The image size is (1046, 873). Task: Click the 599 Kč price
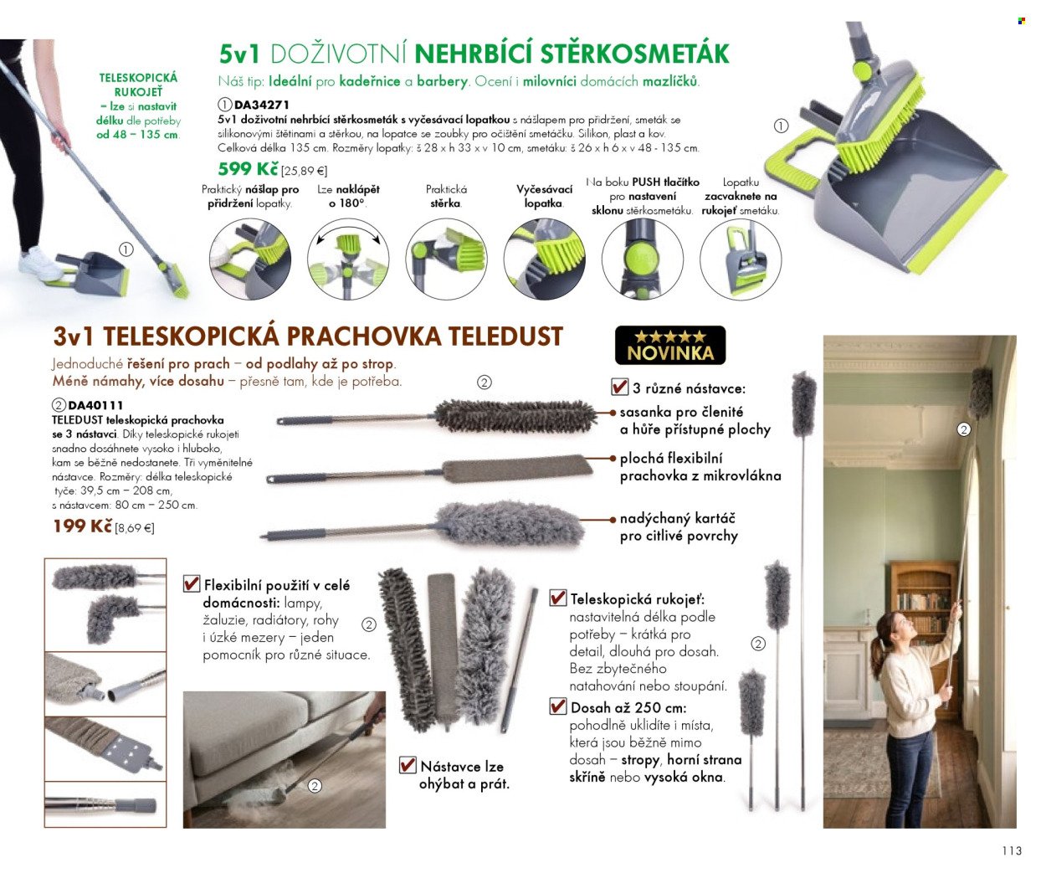pos(248,169)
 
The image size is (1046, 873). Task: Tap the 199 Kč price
pos(83,526)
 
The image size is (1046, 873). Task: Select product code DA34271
pos(261,105)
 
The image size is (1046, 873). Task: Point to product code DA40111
pos(95,405)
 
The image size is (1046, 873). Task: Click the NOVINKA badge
pos(670,346)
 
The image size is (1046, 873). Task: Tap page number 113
pos(1012,850)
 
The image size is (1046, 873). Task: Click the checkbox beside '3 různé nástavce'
pos(620,387)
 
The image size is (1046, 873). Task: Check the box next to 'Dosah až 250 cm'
pos(558,706)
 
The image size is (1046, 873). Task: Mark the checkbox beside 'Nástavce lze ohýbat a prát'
pos(408,764)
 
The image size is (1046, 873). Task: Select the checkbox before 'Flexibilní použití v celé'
pos(192,583)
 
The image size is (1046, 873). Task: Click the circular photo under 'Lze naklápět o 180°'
pos(348,259)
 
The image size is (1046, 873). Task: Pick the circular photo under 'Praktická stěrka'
pos(446,259)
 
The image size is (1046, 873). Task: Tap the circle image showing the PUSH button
pos(643,259)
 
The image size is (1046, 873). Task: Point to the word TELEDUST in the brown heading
pos(506,336)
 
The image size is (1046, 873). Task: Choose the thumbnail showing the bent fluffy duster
pos(105,604)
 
